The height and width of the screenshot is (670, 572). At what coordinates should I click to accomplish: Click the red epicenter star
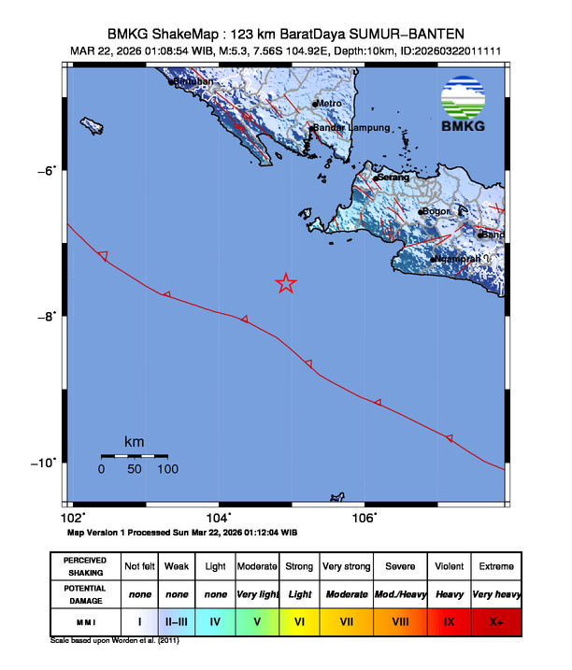coord(286,284)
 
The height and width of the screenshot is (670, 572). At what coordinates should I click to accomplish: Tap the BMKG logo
coord(465,107)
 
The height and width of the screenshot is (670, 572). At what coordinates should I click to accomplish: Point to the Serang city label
coord(393,177)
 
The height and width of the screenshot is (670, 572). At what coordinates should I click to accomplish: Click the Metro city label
coord(329,103)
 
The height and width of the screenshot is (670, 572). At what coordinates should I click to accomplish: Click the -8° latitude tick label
coord(47,316)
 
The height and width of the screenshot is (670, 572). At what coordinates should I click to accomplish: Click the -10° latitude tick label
coord(45,463)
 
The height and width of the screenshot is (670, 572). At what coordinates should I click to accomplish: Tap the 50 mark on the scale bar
coord(135,469)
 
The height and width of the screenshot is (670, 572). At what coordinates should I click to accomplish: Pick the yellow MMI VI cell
coord(300,620)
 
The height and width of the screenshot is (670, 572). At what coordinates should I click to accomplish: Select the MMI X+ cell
coord(495,620)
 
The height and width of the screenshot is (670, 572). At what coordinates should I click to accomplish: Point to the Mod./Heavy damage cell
coord(400,593)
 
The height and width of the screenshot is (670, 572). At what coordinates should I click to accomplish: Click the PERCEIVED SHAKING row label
coord(84,566)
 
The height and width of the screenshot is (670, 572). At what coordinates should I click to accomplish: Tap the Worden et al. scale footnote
coord(114,641)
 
